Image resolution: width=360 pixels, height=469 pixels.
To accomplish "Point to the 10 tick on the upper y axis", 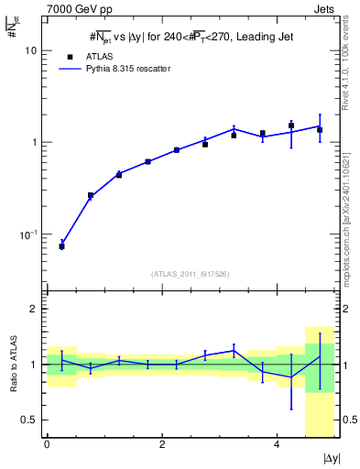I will click(x=30, y=51).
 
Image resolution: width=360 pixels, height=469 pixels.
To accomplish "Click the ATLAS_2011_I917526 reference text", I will click(x=190, y=274).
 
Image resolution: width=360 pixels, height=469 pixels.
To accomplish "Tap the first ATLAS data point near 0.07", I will click(x=61, y=246).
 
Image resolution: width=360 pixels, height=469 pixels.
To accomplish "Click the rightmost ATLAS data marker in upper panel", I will click(x=320, y=130).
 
